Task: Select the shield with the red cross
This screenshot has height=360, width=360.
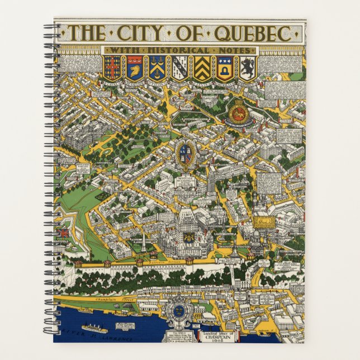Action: click(x=112, y=67)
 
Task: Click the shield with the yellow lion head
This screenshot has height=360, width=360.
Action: click(x=134, y=67)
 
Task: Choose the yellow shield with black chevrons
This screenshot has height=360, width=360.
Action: click(x=202, y=67)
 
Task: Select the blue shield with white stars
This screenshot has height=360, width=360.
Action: click(x=225, y=67)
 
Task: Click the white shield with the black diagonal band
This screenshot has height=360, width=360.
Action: click(x=179, y=67)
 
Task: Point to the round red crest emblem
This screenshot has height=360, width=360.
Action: click(x=238, y=111)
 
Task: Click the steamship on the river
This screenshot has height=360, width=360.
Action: click(x=94, y=328)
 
